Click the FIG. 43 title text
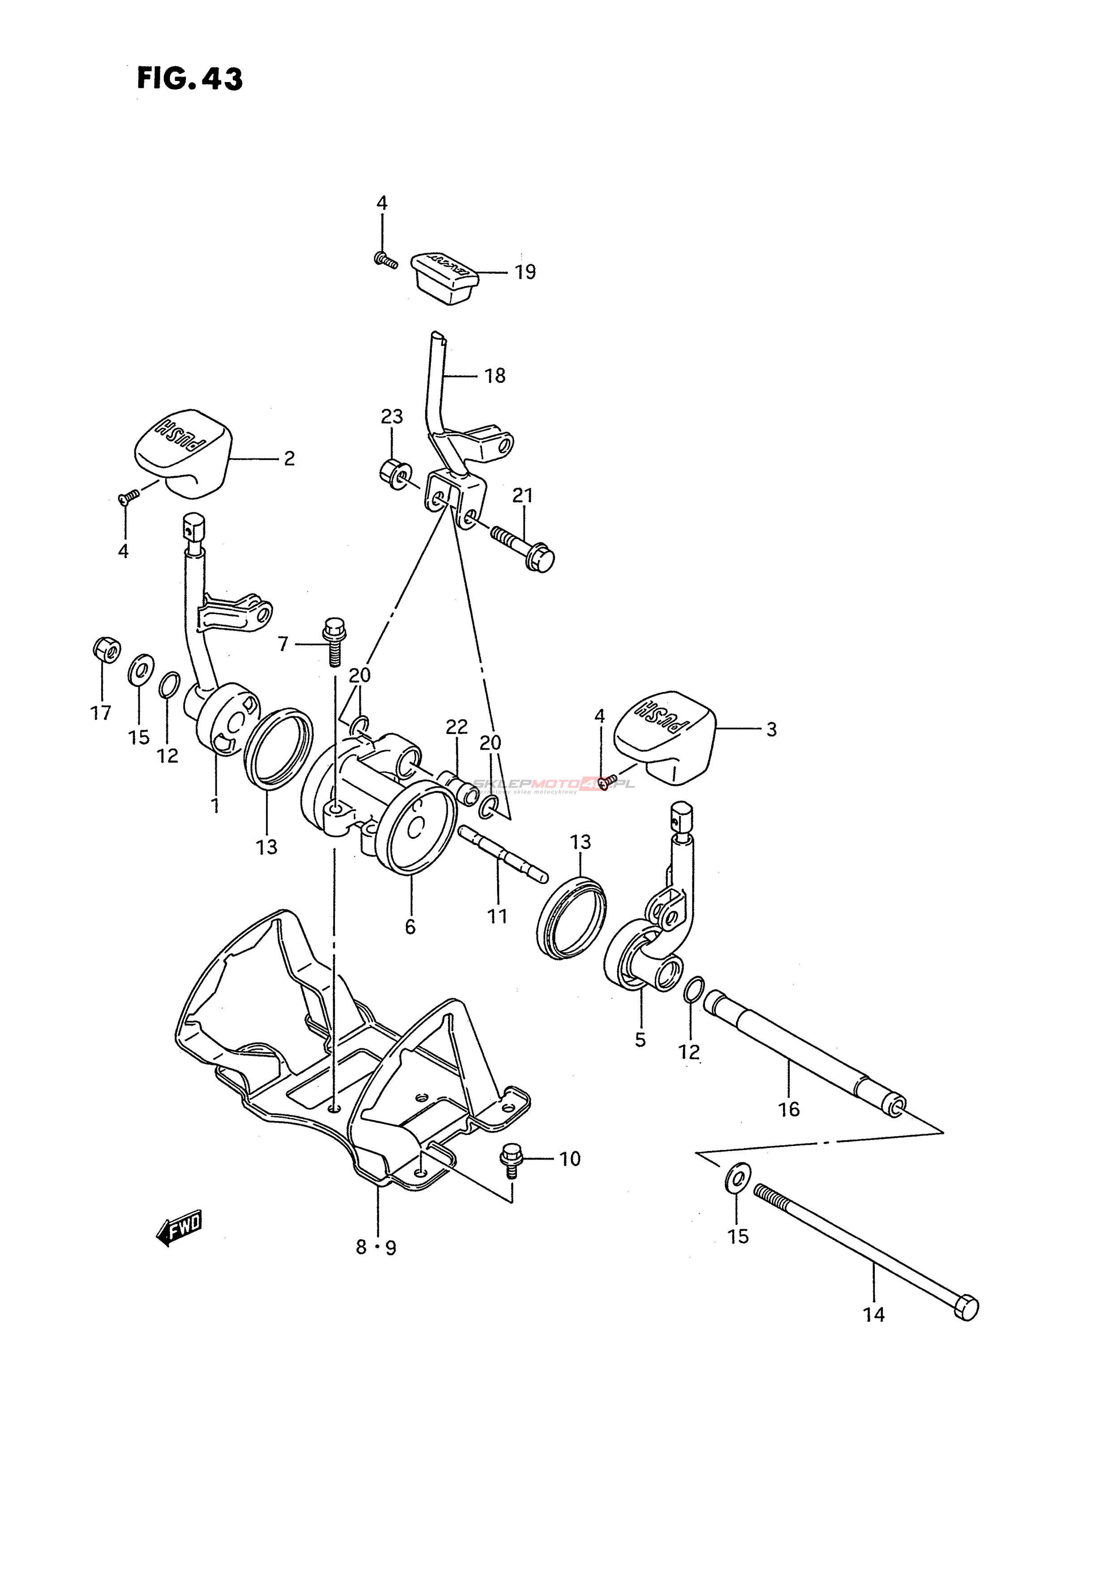pos(189,79)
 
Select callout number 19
pos(525,272)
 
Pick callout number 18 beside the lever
pos(494,376)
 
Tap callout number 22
pos(456,727)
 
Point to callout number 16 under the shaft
pos(789,1109)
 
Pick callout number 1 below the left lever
pos(215,805)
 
